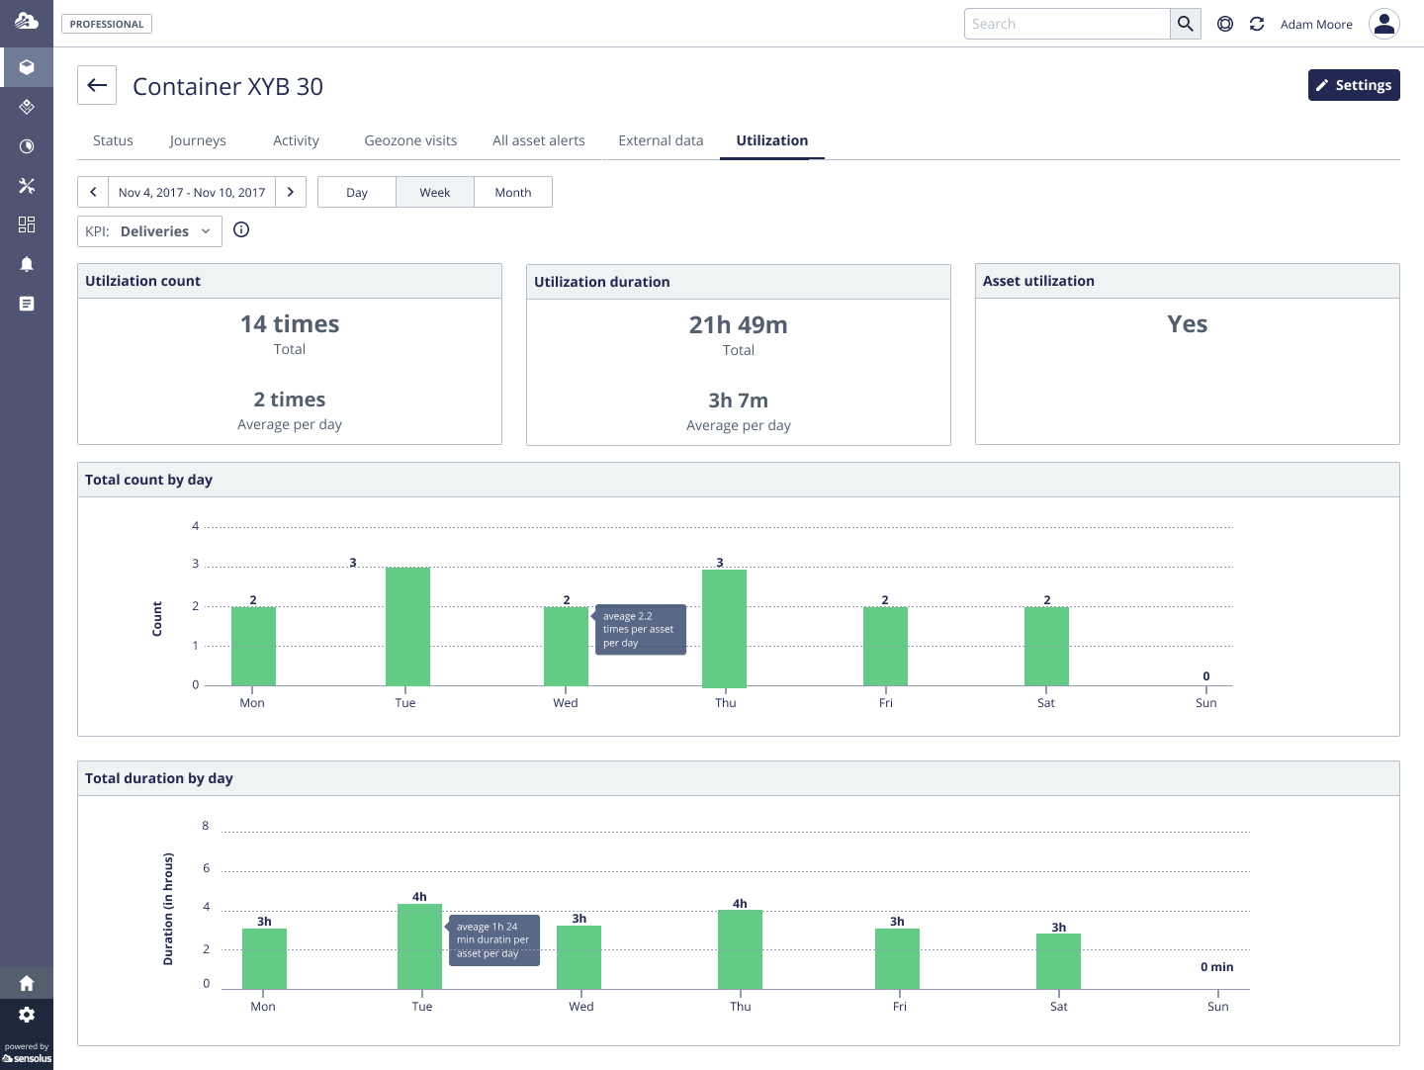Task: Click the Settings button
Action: click(x=1353, y=85)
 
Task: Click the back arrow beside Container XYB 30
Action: click(x=97, y=85)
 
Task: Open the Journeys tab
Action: click(x=198, y=140)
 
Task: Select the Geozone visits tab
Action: click(x=410, y=140)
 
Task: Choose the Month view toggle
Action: click(x=512, y=192)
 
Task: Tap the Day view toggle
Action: click(x=357, y=192)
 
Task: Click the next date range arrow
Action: click(x=290, y=192)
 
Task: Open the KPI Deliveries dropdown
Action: click(x=149, y=231)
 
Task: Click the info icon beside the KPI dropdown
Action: click(x=241, y=230)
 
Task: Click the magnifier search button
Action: click(x=1185, y=24)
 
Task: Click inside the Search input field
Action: click(x=1066, y=24)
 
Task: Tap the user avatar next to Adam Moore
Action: click(x=1383, y=24)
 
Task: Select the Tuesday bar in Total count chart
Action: click(x=407, y=626)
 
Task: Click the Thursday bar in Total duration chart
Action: click(x=740, y=949)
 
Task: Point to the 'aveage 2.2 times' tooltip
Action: click(x=640, y=630)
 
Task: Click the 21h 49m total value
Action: click(x=738, y=325)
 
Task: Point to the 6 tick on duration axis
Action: click(x=206, y=868)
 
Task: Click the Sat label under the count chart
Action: click(x=1045, y=703)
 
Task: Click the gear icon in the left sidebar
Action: click(x=27, y=1015)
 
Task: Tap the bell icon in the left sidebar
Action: click(x=27, y=264)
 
